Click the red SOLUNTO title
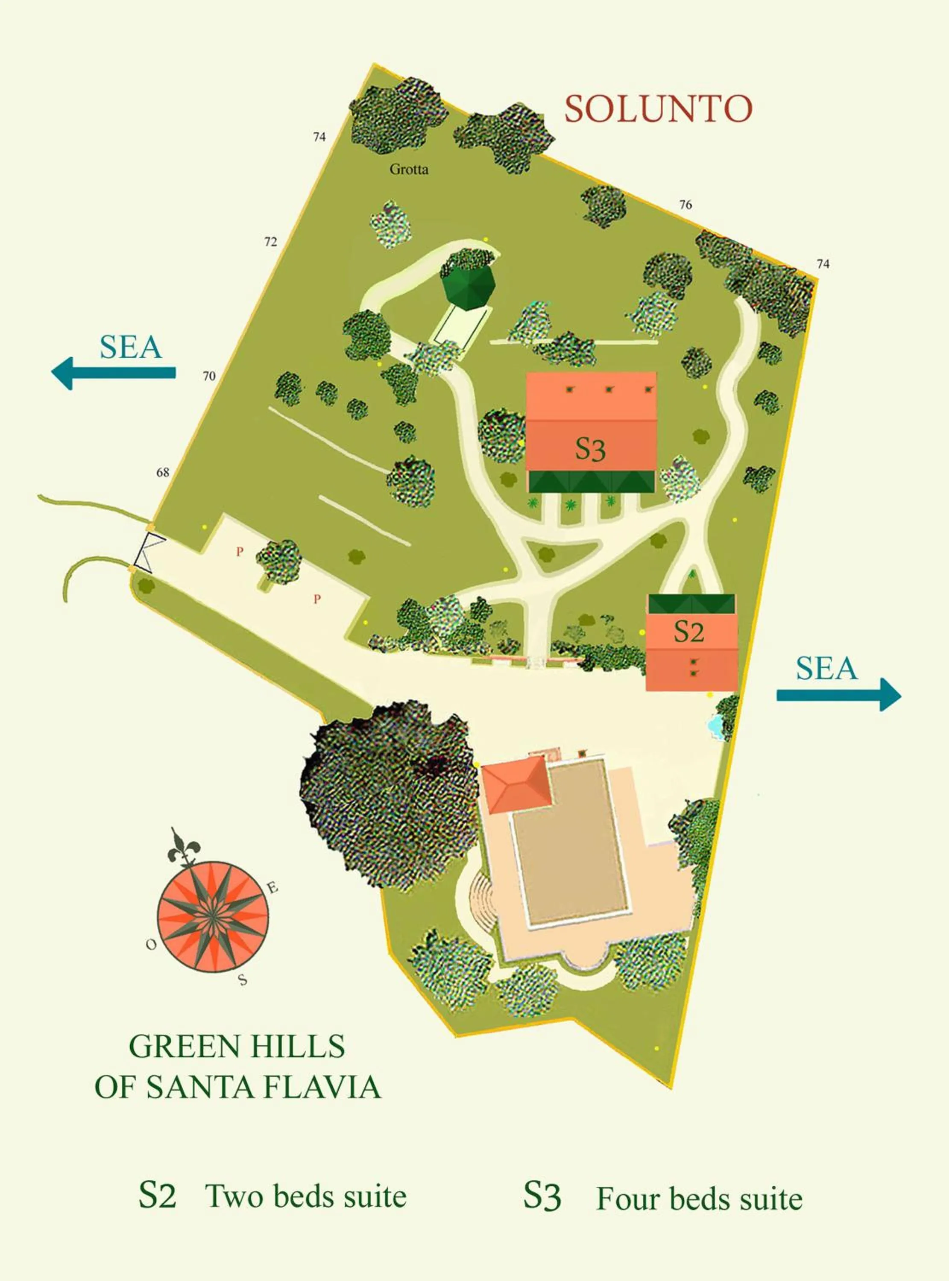(658, 109)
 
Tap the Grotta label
(409, 170)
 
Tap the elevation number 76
(685, 205)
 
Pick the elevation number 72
(271, 242)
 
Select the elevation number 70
(209, 376)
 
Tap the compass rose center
(213, 916)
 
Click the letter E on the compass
(272, 888)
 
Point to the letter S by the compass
(243, 980)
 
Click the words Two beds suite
(306, 1196)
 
